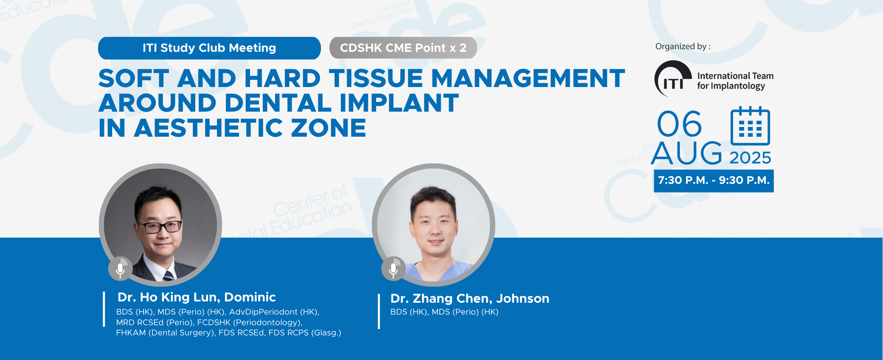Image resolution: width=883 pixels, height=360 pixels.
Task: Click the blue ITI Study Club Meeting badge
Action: [209, 48]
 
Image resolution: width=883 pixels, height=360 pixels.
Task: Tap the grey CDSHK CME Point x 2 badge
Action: [403, 48]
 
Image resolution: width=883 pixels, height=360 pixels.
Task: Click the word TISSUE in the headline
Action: [376, 79]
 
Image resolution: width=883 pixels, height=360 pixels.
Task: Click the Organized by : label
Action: [683, 46]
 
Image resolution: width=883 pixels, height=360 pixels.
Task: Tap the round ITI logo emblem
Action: [673, 79]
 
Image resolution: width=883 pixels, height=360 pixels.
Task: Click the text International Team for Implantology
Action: [735, 81]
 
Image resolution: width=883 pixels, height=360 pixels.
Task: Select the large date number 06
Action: [679, 124]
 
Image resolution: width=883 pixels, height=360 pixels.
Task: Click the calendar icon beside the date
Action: [750, 126]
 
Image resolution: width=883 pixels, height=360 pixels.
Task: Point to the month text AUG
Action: [687, 153]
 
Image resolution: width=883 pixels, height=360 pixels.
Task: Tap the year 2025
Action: [750, 158]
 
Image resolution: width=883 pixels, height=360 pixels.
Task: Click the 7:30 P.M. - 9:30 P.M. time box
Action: [714, 181]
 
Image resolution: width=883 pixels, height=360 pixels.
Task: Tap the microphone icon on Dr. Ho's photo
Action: [121, 268]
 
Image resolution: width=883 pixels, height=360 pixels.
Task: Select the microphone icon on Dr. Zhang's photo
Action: [394, 268]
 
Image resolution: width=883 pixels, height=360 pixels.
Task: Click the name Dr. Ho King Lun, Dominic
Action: [197, 297]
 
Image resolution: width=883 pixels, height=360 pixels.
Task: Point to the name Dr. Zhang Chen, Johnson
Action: [470, 298]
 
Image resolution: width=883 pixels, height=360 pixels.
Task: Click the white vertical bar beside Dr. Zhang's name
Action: [379, 312]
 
